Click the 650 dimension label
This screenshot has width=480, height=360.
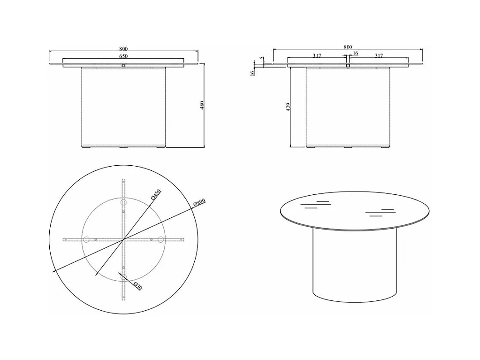123,56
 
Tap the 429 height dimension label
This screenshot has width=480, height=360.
288,107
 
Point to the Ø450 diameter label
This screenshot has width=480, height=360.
156,194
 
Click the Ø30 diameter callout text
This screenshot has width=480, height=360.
138,286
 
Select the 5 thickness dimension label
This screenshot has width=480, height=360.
261,58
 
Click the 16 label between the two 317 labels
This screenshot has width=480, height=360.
355,53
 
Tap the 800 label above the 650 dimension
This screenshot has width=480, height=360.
123,49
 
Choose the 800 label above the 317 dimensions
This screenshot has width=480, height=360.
348,47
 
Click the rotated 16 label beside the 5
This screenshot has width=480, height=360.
252,73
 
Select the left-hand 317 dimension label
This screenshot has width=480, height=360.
317,56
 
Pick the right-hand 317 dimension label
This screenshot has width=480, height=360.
379,56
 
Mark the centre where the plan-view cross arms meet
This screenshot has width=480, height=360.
123,239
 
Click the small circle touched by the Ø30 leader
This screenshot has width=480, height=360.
123,277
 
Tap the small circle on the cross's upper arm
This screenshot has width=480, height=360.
124,202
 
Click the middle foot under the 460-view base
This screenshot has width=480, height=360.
124,147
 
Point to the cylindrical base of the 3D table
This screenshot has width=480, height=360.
355,265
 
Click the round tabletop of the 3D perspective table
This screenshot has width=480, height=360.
355,211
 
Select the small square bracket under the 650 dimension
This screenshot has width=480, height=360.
123,66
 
